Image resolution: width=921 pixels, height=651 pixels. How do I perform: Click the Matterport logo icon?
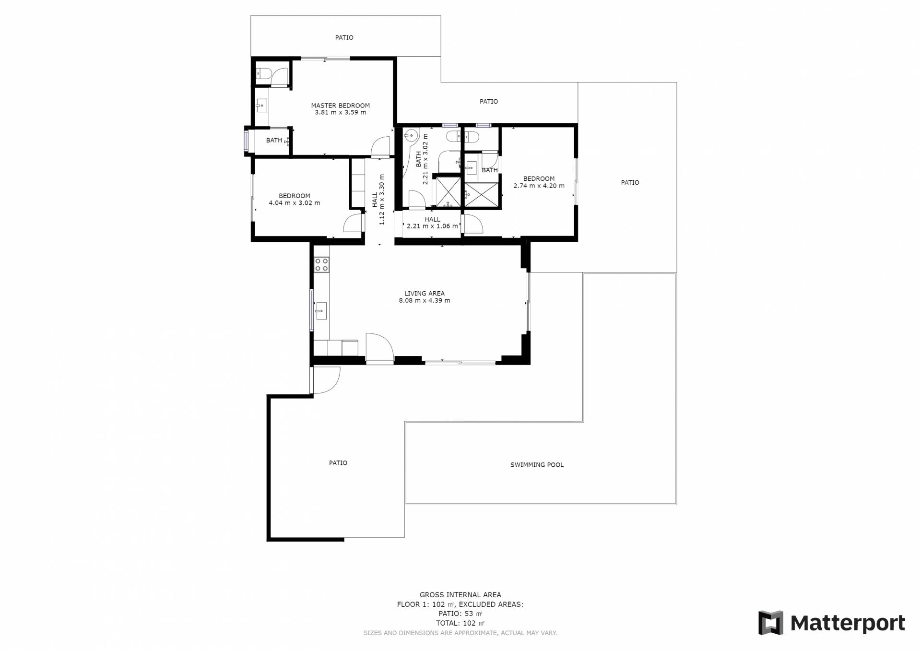771,623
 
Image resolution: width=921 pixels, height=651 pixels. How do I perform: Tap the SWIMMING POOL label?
537,464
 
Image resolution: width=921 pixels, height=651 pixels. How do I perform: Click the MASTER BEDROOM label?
340,106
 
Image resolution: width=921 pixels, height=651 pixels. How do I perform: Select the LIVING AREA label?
425,293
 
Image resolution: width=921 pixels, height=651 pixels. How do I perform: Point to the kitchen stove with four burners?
321,265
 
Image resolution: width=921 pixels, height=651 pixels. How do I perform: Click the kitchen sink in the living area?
321,311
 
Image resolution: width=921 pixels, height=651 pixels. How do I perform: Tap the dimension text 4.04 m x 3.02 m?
295,203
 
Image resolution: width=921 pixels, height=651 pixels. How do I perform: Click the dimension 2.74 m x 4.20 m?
539,186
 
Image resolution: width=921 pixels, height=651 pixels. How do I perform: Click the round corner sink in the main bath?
411,136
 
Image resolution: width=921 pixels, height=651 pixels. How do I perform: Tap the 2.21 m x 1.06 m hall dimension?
432,226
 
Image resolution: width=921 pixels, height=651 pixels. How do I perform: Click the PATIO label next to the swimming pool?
338,463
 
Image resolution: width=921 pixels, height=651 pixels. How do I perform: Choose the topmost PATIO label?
344,37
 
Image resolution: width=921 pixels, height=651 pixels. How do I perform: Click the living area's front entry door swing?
379,348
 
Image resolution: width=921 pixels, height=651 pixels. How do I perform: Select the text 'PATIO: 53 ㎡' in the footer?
460,614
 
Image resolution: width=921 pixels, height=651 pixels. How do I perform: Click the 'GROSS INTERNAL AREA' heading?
460,595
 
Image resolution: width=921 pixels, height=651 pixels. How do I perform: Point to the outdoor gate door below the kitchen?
325,380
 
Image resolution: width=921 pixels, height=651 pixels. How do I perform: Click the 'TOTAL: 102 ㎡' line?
460,623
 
